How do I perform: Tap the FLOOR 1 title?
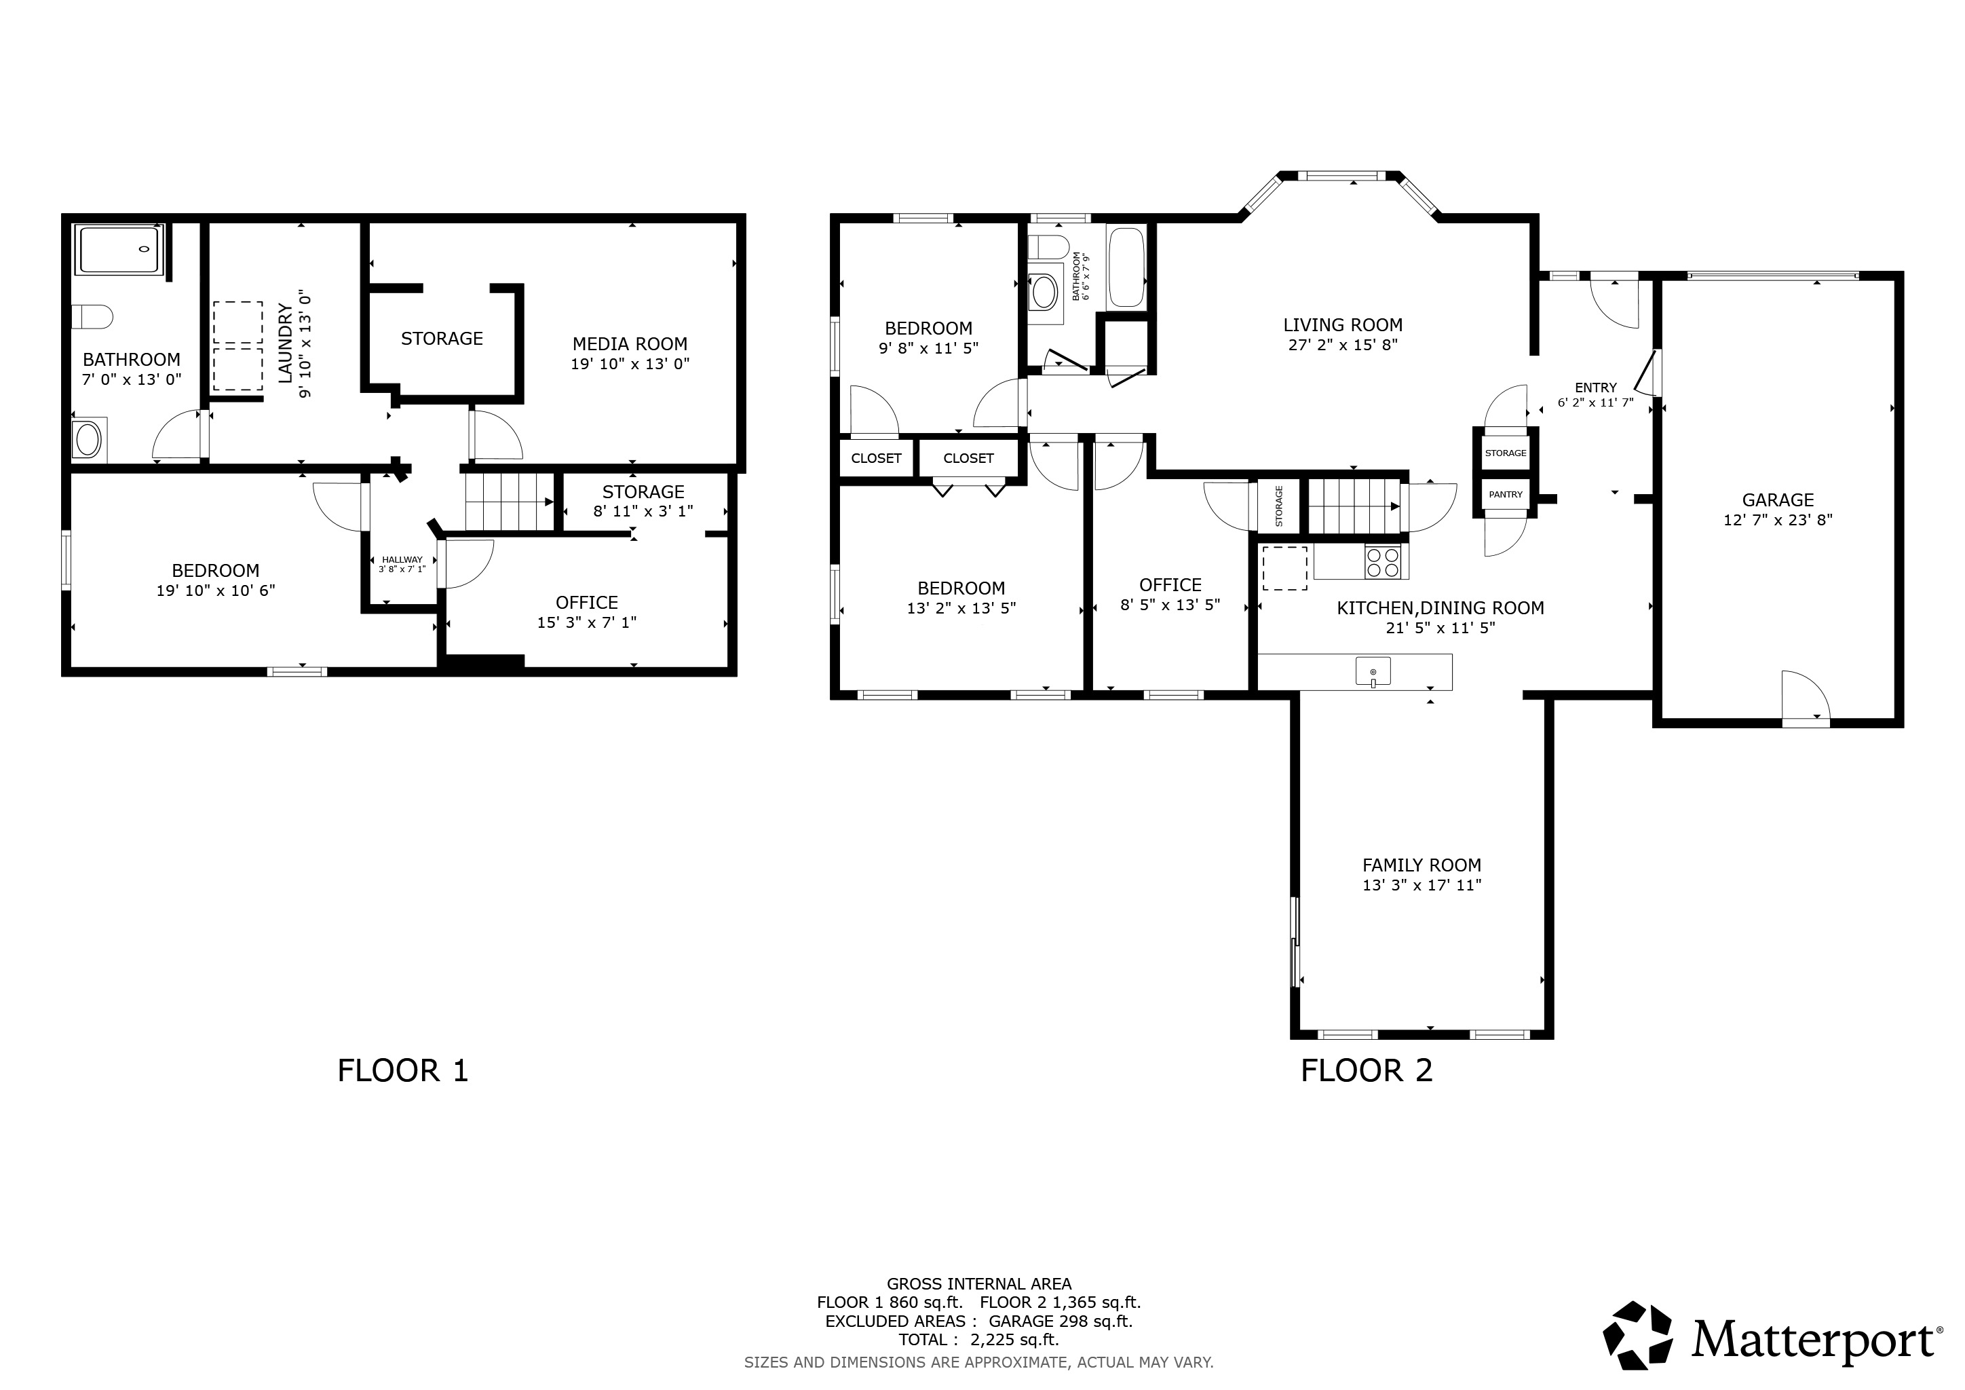point(403,1071)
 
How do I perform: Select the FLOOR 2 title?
point(1367,1071)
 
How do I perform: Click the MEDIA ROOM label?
point(630,344)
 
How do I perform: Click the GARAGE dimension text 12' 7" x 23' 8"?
point(1778,519)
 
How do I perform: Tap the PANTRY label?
point(1506,495)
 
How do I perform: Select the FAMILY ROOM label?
point(1422,865)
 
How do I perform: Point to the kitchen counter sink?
point(1373,671)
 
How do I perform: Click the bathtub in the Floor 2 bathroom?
point(1126,268)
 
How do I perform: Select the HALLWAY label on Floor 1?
point(402,560)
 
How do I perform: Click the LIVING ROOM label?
point(1343,325)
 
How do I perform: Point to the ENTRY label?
point(1595,388)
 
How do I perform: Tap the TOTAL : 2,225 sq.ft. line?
point(978,1340)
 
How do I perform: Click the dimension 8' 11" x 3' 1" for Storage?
point(643,511)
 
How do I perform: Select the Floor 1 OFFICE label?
point(586,603)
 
